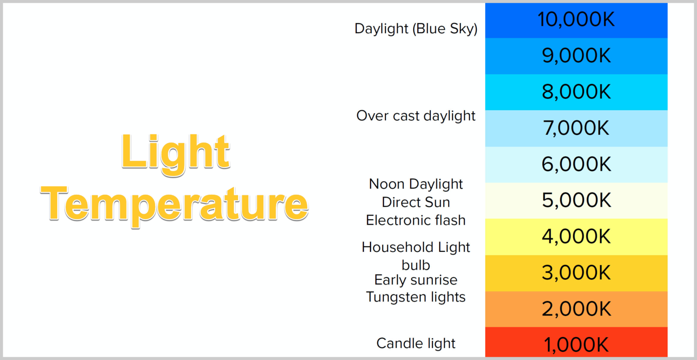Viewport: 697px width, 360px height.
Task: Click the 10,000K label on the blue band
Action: (x=576, y=20)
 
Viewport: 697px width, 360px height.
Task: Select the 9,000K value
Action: (x=576, y=56)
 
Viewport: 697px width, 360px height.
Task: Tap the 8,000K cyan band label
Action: (x=576, y=92)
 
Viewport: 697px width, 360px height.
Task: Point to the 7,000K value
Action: (x=576, y=128)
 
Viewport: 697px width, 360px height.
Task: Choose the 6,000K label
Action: (x=576, y=164)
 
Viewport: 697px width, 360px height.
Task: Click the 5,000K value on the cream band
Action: (x=576, y=200)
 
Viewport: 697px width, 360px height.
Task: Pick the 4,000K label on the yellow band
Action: (x=576, y=237)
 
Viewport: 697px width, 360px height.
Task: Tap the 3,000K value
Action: (x=576, y=272)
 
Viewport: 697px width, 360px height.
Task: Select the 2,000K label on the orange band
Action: (x=576, y=309)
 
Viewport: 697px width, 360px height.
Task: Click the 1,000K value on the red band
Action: (x=576, y=345)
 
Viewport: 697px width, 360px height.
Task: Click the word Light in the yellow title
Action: (x=176, y=154)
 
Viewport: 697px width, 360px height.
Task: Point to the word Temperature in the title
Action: (x=175, y=206)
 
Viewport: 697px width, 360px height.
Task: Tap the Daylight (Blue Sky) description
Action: (x=416, y=29)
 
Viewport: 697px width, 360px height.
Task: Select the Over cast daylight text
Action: (x=416, y=116)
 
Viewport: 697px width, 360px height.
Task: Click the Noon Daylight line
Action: (x=416, y=184)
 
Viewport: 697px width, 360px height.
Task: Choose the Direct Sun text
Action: (x=416, y=202)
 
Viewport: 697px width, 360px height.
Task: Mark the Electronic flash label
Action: (x=416, y=221)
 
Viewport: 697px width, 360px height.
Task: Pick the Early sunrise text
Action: (x=416, y=280)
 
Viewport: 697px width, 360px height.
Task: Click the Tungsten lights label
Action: (x=416, y=297)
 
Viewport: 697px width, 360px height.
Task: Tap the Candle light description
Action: (x=416, y=344)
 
